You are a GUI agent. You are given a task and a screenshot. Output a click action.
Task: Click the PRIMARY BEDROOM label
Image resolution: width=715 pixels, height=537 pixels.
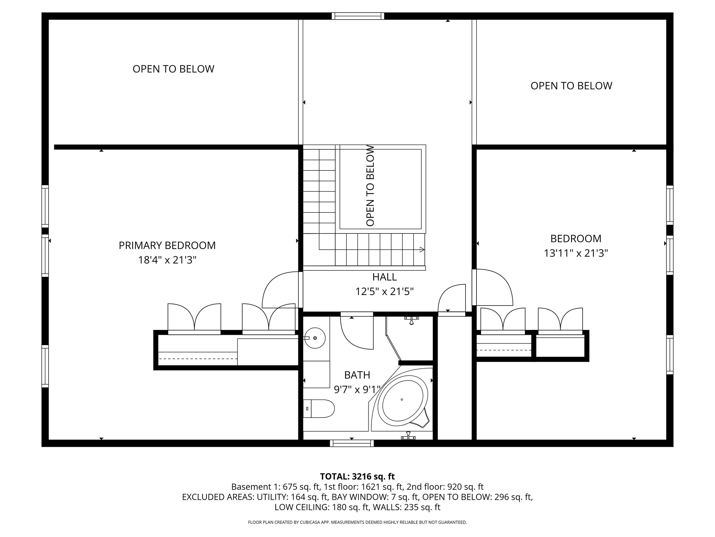[x=167, y=245]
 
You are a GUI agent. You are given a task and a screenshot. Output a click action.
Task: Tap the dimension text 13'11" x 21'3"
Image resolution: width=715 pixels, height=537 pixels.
[x=576, y=253]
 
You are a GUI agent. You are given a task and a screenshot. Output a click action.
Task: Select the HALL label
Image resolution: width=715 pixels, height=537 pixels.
[x=384, y=277]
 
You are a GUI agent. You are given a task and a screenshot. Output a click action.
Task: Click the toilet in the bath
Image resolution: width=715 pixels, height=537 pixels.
[x=319, y=408]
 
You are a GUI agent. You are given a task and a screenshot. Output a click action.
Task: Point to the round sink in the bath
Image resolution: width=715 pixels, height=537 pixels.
[x=315, y=338]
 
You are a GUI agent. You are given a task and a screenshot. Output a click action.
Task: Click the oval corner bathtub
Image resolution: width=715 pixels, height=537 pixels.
[x=402, y=400]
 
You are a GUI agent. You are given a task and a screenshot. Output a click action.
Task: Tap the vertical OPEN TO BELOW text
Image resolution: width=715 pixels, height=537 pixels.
[x=370, y=186]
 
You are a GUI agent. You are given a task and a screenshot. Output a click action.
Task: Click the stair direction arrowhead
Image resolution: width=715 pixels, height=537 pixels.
[x=422, y=249]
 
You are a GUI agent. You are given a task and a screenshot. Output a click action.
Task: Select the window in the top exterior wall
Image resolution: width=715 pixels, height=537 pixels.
[x=357, y=16]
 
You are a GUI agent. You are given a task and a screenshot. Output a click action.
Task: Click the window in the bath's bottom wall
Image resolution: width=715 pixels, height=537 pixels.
[x=352, y=443]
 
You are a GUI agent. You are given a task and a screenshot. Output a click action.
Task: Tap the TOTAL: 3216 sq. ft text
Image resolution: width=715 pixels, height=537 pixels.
[x=357, y=477]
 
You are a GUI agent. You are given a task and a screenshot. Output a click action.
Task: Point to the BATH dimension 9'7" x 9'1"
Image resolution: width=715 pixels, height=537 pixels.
[x=357, y=390]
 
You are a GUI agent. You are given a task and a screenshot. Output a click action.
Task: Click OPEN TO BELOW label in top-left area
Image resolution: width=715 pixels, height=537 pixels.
[x=173, y=69]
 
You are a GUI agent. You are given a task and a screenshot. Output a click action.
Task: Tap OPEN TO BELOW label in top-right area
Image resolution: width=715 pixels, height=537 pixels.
[x=571, y=86]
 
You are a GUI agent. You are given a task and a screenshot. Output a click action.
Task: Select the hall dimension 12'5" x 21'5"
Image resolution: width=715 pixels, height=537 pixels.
[x=384, y=292]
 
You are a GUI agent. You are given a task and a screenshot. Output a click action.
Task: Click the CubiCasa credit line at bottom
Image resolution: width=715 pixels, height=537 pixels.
[x=357, y=522]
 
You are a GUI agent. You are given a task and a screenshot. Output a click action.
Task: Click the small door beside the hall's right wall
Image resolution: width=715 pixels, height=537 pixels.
[x=452, y=298]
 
